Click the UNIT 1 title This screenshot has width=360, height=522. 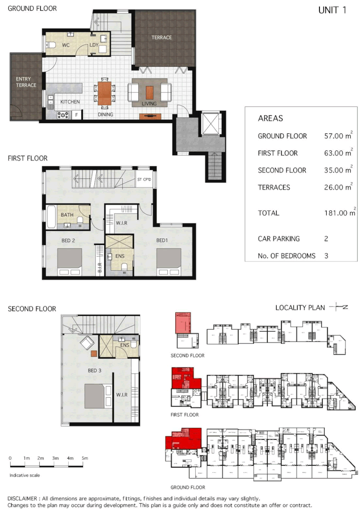[x=332, y=10]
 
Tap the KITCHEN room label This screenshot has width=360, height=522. [x=70, y=101]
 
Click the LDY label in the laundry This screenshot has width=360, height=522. [x=94, y=45]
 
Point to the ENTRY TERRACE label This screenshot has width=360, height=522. [x=26, y=82]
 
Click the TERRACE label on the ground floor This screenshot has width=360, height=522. [x=161, y=37]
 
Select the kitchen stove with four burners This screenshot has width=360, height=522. [x=63, y=115]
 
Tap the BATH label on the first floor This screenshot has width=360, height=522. [x=67, y=215]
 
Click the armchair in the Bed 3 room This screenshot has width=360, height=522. [x=87, y=343]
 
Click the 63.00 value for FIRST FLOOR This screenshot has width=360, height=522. [x=336, y=153]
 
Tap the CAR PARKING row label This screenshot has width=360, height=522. [x=278, y=239]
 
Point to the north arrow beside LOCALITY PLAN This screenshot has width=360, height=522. [x=338, y=307]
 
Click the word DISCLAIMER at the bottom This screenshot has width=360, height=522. [x=25, y=498]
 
